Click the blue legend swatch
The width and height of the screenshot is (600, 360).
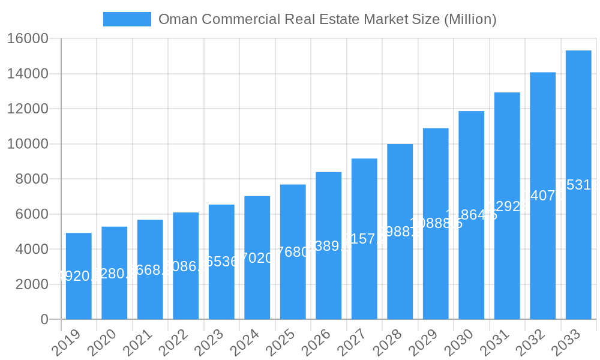tap(127, 19)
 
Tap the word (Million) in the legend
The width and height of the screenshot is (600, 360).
tap(469, 19)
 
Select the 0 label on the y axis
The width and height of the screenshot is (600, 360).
tap(44, 319)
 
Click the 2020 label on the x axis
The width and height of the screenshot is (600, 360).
tap(101, 343)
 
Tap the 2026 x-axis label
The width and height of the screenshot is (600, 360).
tap(316, 343)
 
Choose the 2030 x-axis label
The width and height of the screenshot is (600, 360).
tap(458, 343)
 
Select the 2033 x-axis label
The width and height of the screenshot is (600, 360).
tap(566, 343)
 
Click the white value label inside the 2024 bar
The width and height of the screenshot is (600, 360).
tap(257, 259)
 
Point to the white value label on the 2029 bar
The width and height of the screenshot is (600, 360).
tap(436, 224)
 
